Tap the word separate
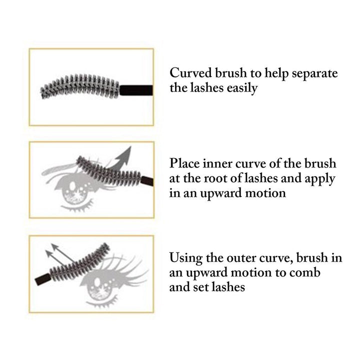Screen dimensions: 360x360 pos(313,73)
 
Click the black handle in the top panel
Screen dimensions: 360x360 pos(135,90)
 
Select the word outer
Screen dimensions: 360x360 pos(243,258)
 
